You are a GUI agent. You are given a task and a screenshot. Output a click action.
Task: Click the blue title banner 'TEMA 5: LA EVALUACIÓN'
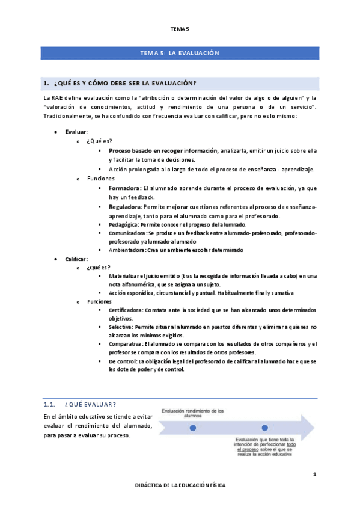[179, 53]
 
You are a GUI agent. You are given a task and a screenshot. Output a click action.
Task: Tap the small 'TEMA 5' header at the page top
[179, 28]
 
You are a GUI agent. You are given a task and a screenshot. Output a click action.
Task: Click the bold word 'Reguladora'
[126, 206]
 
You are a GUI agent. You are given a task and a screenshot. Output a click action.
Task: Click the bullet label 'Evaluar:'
[76, 131]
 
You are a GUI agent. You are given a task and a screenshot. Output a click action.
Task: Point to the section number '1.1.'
[50, 404]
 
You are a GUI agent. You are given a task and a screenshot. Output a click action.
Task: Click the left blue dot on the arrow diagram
[192, 428]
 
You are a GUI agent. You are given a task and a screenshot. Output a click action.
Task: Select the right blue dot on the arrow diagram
[264, 428]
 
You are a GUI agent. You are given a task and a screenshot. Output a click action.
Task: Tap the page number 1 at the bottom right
[314, 475]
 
